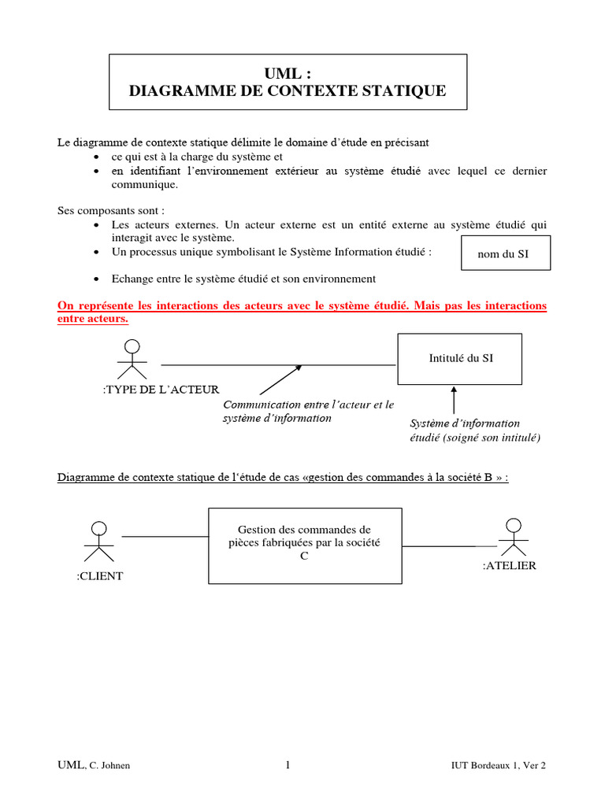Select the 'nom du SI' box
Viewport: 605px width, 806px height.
point(506,253)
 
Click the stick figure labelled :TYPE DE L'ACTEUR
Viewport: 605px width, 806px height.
point(132,360)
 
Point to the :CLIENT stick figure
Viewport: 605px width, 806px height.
point(98,540)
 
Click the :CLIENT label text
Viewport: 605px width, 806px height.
point(100,577)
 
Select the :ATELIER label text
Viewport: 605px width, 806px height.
point(509,566)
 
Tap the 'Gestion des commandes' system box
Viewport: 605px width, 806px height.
point(304,545)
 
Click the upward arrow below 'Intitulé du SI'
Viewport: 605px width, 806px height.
point(453,400)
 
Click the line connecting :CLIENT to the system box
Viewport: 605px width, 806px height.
point(165,537)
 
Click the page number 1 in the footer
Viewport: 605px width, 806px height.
point(288,765)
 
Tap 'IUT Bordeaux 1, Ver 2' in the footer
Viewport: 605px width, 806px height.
point(498,766)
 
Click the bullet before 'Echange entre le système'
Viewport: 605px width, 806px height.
point(95,279)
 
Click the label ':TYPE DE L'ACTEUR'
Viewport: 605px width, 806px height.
point(161,389)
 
